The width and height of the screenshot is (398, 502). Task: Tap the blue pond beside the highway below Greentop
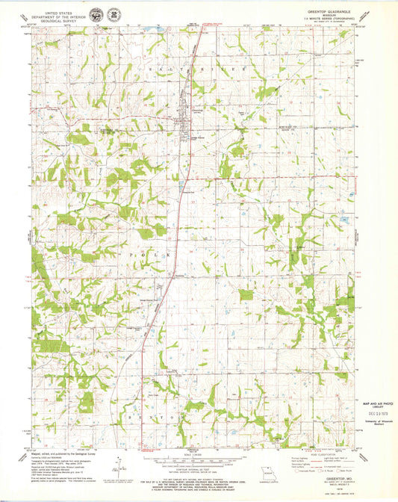180,182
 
